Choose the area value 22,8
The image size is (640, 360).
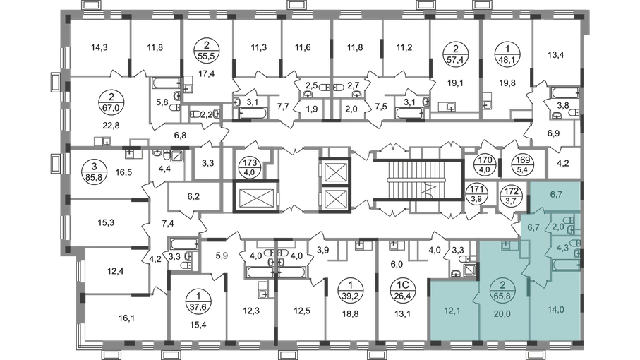[111, 126]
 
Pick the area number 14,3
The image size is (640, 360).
[99, 47]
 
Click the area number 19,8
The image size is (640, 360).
[507, 83]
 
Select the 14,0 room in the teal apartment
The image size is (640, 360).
[556, 310]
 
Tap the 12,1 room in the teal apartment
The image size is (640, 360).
[452, 311]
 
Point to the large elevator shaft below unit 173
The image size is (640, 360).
[255, 197]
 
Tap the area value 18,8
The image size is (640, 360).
[351, 313]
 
